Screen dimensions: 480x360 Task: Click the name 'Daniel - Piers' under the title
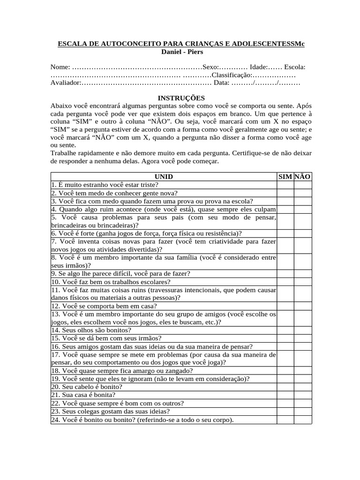tap(180, 52)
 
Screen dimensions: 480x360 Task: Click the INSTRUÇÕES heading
tap(180, 98)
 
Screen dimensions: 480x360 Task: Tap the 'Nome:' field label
tap(60, 67)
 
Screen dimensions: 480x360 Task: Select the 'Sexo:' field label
tap(210, 67)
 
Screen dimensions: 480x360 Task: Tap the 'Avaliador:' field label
tap(66, 83)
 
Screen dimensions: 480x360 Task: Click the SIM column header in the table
tap(285, 177)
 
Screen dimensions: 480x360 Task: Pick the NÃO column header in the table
tap(303, 177)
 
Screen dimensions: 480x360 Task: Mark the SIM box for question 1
tap(285, 185)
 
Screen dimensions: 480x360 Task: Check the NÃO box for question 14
tap(303, 330)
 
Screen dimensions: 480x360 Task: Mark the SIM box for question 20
tap(285, 387)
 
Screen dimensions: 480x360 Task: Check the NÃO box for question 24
tap(303, 420)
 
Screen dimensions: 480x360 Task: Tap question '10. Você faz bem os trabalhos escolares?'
tap(111, 282)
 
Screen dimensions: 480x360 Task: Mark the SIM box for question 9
tap(285, 273)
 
